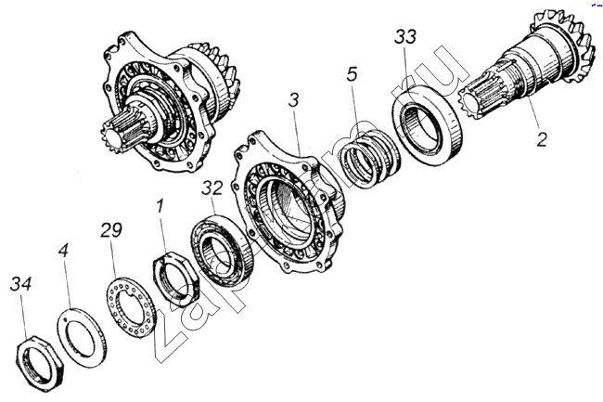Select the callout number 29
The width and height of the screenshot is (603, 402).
pyautogui.click(x=111, y=228)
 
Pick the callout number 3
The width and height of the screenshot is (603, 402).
pyautogui.click(x=292, y=99)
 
